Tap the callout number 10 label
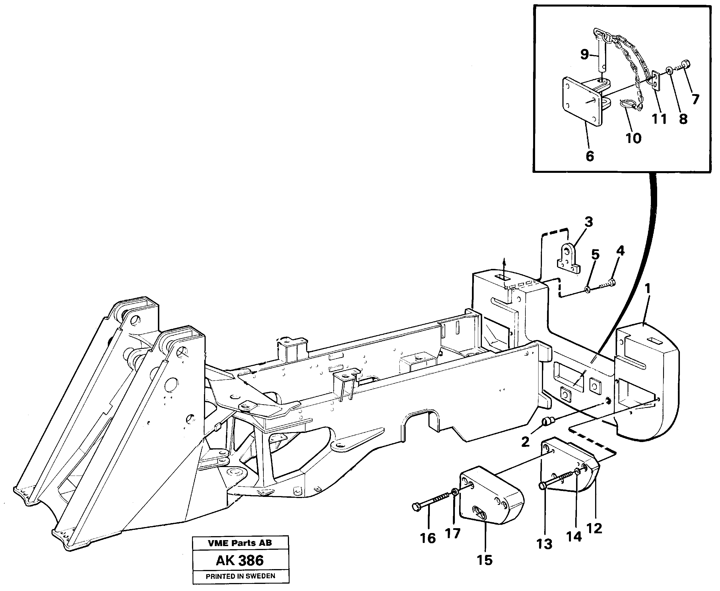click(633, 138)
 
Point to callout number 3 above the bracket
click(589, 222)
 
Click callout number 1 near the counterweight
click(647, 289)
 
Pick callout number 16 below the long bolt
click(428, 538)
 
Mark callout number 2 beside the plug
click(525, 442)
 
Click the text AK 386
click(240, 560)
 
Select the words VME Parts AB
click(240, 543)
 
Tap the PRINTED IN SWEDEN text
click(240, 576)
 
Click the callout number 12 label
click(594, 528)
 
